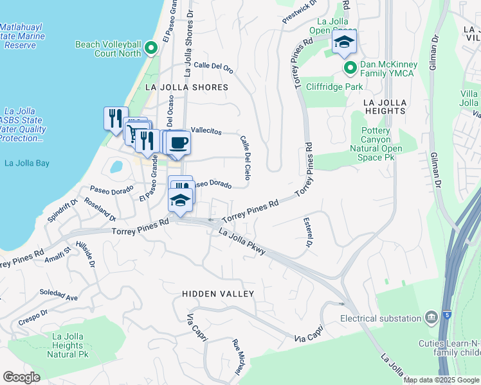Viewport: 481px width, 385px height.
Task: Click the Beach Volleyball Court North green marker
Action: click(x=151, y=48)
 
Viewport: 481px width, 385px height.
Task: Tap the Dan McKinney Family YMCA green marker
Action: click(x=350, y=67)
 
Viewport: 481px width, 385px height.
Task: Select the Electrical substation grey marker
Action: click(x=430, y=318)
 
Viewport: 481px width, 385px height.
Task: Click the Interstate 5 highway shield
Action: click(x=447, y=315)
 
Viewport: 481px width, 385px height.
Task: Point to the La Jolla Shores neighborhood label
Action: click(x=187, y=87)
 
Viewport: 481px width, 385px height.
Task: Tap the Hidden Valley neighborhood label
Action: click(x=218, y=294)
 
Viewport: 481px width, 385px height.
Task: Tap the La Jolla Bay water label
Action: click(x=26, y=163)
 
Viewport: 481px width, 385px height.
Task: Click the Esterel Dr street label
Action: click(x=308, y=233)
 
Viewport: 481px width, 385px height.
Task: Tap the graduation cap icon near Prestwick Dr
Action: click(x=344, y=43)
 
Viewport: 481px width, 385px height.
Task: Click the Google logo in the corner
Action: click(x=21, y=377)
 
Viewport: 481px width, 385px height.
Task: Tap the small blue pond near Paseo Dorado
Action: click(x=116, y=167)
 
